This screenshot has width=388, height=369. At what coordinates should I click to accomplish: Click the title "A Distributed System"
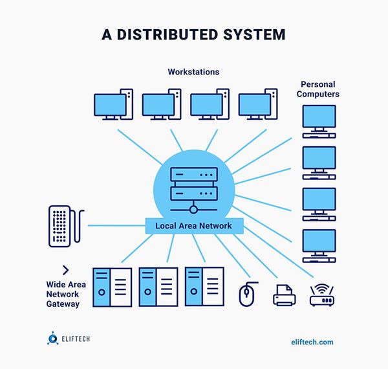193,34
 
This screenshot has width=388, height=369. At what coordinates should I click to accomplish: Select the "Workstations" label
193,71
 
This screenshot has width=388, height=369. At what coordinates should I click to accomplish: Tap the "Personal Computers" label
319,89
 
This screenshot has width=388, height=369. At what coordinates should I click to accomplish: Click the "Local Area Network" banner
194,226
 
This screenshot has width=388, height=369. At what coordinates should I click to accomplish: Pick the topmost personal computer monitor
319,120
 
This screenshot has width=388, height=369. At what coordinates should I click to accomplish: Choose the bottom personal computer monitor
319,244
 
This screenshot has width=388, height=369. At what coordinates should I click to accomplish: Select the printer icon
284,295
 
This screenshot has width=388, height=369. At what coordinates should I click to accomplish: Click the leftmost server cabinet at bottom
113,287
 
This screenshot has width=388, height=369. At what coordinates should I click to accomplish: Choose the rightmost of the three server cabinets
204,287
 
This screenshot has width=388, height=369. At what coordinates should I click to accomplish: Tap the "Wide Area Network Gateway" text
63,293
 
